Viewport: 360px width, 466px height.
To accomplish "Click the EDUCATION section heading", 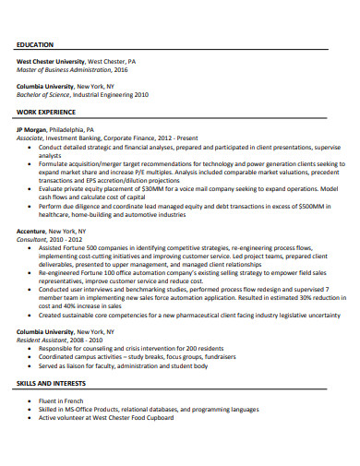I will (x=35, y=44).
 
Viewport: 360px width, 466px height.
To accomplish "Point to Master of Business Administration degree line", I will (x=72, y=69).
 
